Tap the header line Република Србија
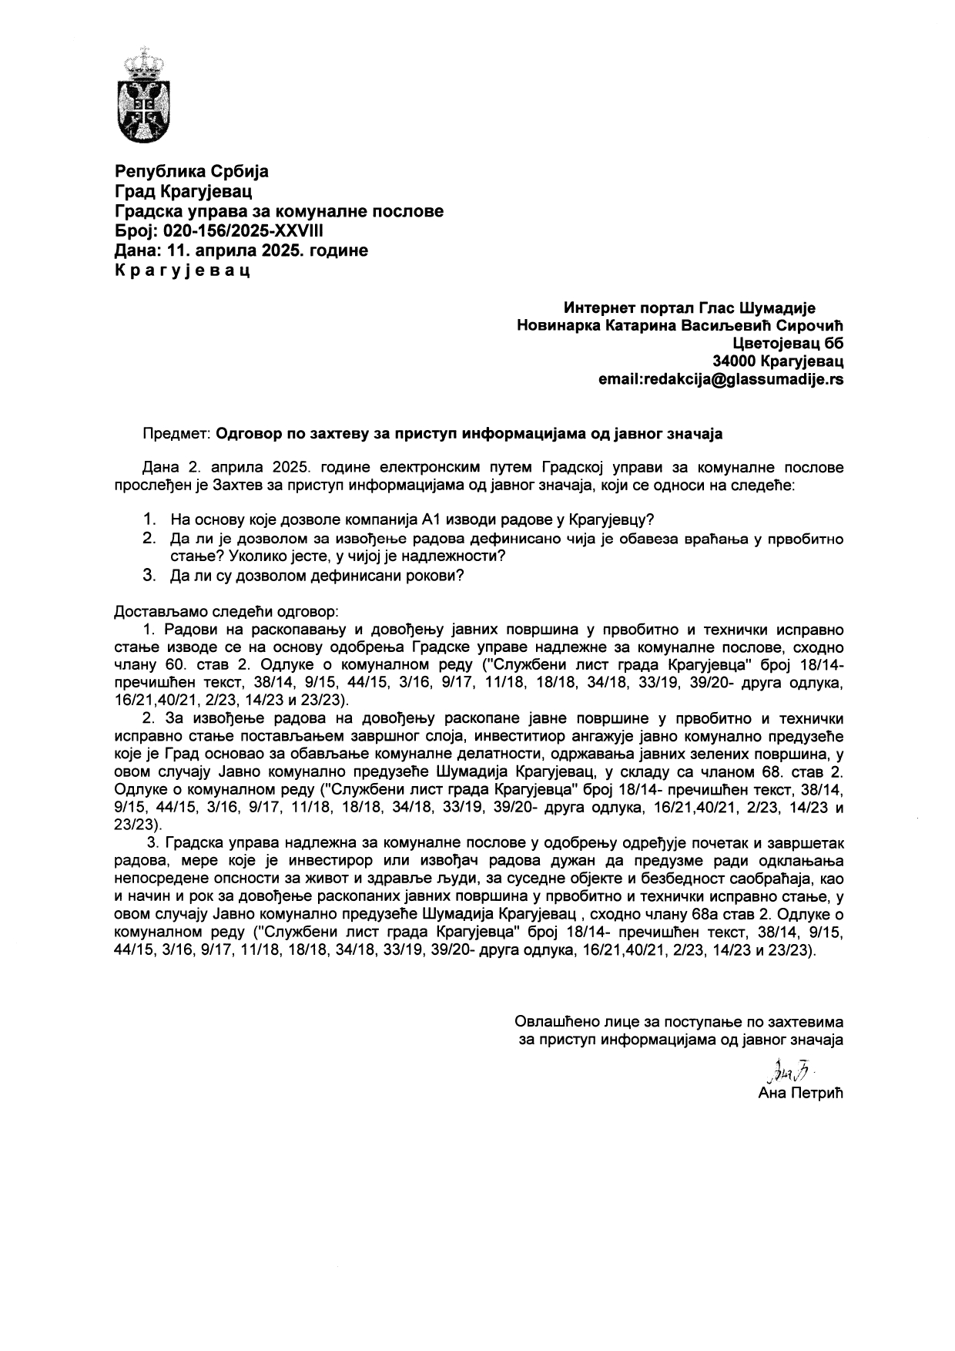pyautogui.click(x=192, y=170)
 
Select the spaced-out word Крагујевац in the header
pyautogui.click(x=183, y=271)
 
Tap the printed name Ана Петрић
pyautogui.click(x=800, y=1094)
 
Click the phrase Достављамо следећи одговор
pyautogui.click(x=226, y=612)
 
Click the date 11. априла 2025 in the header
pyautogui.click(x=248, y=250)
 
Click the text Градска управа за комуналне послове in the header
pyautogui.click(x=279, y=210)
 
